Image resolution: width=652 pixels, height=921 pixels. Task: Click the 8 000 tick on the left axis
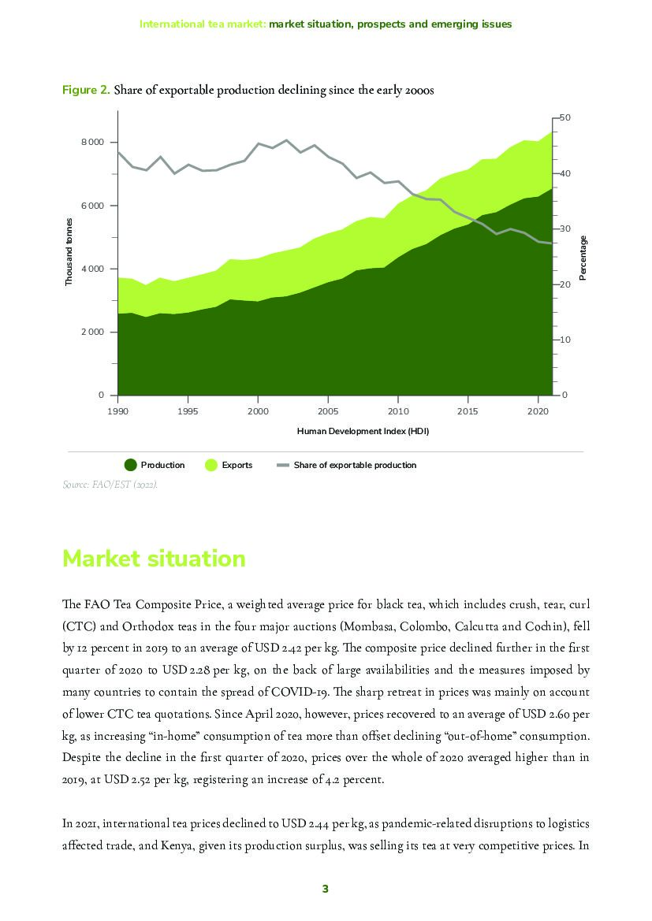[x=92, y=142]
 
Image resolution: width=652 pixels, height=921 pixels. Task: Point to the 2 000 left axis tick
[x=92, y=332]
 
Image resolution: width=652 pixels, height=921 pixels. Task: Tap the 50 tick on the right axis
[x=564, y=117]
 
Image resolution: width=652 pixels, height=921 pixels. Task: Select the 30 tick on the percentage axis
[x=564, y=228]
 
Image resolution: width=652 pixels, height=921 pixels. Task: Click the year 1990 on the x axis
[x=117, y=411]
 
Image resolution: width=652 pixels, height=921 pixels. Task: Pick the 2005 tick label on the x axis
[x=328, y=411]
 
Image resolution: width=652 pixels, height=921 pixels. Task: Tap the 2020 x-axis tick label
[x=538, y=411]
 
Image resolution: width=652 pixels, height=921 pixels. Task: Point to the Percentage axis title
[x=583, y=257]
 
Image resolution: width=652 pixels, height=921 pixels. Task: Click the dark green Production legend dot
[x=131, y=465]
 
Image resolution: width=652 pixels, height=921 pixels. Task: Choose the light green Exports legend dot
[x=211, y=465]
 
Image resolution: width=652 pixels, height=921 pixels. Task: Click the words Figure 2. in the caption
[x=86, y=90]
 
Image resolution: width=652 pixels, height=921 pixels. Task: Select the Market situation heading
[x=154, y=559]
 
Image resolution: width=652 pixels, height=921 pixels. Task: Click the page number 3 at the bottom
[x=325, y=889]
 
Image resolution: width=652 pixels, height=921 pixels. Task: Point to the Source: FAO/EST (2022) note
[x=110, y=485]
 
